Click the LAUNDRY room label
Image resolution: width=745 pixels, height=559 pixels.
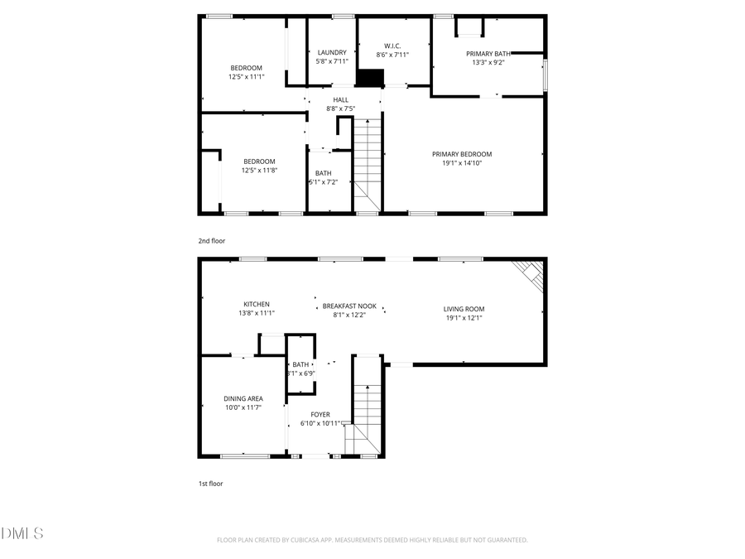point(331,52)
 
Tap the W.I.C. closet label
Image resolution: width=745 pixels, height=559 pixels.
point(392,46)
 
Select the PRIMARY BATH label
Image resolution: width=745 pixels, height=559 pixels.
point(488,53)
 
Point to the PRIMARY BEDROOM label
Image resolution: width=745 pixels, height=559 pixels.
point(462,154)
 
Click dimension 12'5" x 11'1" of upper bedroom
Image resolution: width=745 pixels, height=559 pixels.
point(246,76)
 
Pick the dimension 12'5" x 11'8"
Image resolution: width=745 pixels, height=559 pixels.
point(259,170)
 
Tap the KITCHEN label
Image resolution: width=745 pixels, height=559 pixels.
point(256,304)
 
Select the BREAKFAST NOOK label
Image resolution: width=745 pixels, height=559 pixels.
point(348,306)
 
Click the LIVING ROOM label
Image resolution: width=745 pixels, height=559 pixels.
point(464,309)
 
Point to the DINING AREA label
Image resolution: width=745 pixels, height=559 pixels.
point(243,398)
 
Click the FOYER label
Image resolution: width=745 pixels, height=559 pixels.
point(320,414)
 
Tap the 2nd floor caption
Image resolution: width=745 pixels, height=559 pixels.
point(211,241)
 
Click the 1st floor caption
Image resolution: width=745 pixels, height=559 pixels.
point(210,483)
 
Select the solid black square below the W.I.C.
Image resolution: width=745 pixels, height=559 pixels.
point(371,77)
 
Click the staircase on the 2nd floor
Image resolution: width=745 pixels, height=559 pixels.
point(368,161)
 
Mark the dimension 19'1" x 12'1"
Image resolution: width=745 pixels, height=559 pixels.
point(464,317)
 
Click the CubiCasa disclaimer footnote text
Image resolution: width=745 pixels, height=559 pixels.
point(372,540)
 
